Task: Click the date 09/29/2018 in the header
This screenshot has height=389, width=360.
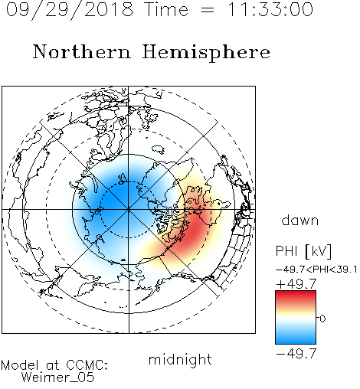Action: click(x=70, y=10)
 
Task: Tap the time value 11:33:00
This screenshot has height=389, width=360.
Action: click(x=270, y=9)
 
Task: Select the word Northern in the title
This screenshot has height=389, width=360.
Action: click(x=82, y=52)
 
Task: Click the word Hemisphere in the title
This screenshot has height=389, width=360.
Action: click(x=206, y=53)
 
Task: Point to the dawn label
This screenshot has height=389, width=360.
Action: click(x=300, y=220)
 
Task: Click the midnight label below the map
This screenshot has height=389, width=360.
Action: click(x=180, y=360)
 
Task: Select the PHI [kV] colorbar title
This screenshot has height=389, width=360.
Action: click(x=304, y=251)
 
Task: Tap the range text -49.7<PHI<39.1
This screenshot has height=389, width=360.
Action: click(x=316, y=270)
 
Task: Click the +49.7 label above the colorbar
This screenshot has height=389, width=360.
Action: click(x=296, y=284)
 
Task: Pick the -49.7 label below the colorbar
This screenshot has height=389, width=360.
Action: click(x=296, y=354)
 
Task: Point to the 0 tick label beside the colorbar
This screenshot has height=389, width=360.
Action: click(x=322, y=319)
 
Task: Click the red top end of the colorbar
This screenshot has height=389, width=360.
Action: click(x=296, y=293)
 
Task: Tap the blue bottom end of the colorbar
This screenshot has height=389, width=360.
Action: click(x=296, y=341)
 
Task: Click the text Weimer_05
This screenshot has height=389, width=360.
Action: click(x=58, y=378)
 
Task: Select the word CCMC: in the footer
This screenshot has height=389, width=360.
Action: click(x=87, y=365)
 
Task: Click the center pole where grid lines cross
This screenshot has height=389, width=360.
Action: click(x=129, y=209)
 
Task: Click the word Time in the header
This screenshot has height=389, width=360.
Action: click(x=166, y=9)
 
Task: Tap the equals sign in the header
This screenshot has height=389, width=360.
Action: click(x=208, y=10)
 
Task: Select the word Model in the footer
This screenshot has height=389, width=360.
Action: click(x=20, y=365)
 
